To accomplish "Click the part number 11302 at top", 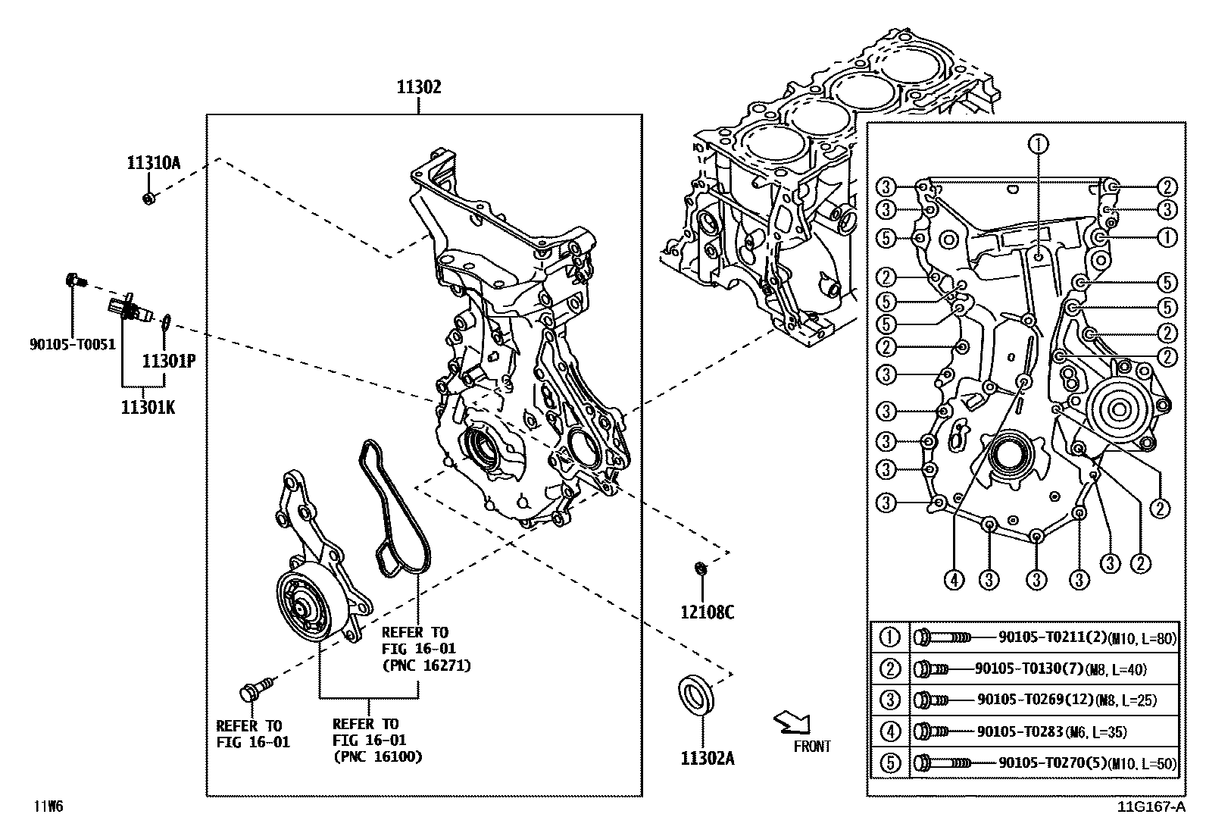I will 418,87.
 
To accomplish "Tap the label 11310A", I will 153,162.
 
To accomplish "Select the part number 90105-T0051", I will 73,344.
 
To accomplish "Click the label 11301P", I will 169,362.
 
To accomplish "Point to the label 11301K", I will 148,407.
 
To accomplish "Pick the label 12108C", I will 706,612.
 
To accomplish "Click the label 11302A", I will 706,758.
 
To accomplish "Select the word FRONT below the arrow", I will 812,747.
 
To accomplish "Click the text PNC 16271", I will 426,665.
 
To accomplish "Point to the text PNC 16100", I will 377,756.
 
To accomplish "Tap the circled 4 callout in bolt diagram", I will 954,581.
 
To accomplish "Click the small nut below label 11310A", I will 149,199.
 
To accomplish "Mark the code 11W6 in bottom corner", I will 47,806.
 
